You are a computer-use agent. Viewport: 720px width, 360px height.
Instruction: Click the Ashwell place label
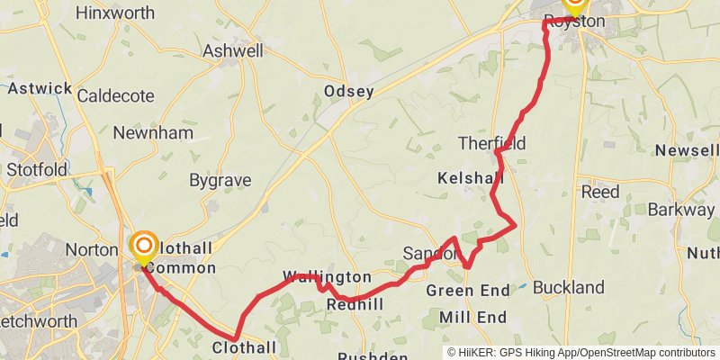[233, 51]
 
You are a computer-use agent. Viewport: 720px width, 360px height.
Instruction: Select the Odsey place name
[348, 92]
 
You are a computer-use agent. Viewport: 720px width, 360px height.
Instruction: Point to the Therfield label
[491, 143]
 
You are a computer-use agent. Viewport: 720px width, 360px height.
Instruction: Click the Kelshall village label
[470, 178]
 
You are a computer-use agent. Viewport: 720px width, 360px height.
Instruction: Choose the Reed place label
[600, 192]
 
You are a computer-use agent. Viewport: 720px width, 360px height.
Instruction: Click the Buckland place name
[569, 288]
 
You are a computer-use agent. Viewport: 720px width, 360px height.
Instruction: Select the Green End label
[468, 291]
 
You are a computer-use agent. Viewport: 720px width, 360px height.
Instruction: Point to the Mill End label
[473, 317]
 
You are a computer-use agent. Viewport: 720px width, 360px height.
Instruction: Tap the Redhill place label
[355, 305]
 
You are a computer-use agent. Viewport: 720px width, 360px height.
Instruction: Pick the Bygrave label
[220, 180]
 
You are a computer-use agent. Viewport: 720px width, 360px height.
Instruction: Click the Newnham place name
[153, 133]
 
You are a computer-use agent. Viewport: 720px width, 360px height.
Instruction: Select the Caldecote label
[115, 95]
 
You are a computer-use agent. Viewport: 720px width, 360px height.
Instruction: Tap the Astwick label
[40, 88]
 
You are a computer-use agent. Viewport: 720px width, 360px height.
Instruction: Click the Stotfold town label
[37, 169]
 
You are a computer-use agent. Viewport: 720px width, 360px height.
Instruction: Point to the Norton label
[92, 249]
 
